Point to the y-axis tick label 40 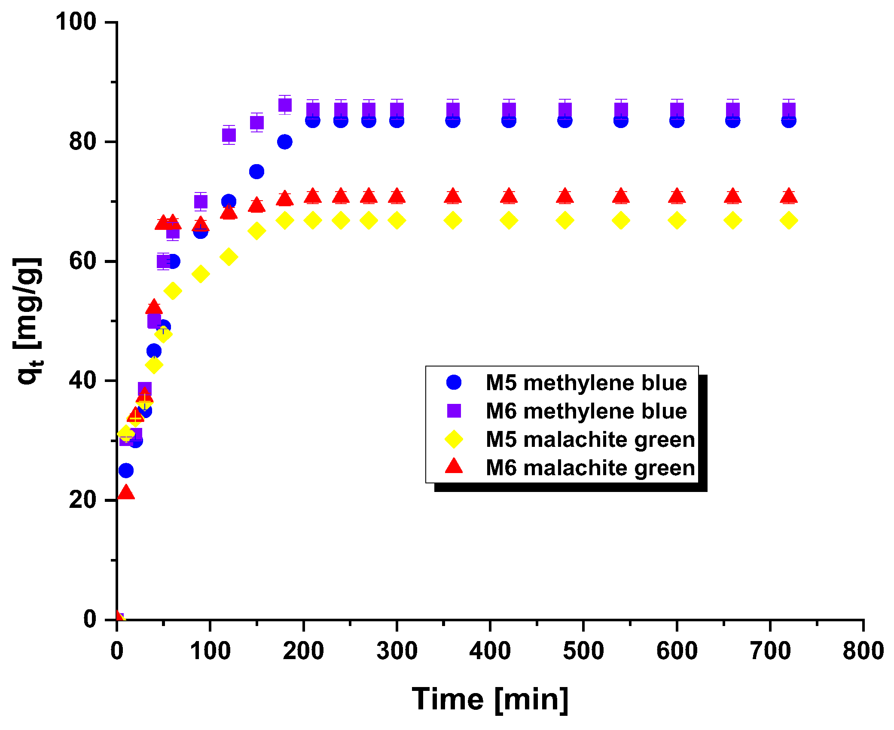[x=82, y=381]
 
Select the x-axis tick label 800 [x=863, y=651]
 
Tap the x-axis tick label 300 [x=397, y=651]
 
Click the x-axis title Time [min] [x=490, y=699]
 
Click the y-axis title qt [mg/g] [x=28, y=321]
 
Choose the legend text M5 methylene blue [x=586, y=383]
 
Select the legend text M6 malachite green [x=590, y=468]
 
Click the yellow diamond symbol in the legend [x=454, y=440]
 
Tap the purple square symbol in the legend [x=454, y=411]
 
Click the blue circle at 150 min [x=256, y=171]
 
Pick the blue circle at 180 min [x=284, y=142]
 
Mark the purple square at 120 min [x=229, y=135]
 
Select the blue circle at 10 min [x=126, y=470]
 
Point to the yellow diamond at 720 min [x=789, y=221]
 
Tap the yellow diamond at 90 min [x=201, y=274]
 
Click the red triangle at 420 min [x=509, y=196]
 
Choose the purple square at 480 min [x=565, y=110]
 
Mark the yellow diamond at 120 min [x=229, y=257]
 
